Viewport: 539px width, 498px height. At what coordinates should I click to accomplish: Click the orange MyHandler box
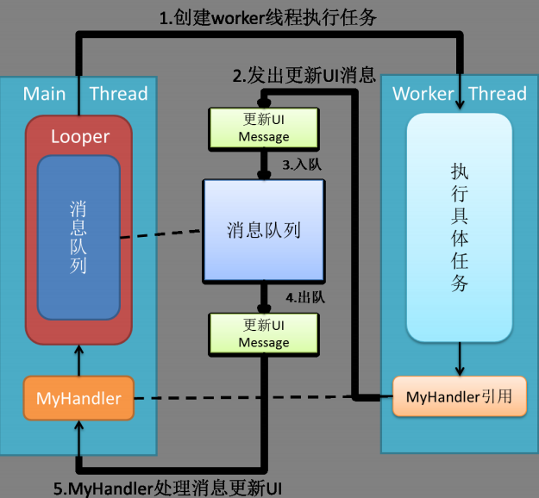(x=78, y=398)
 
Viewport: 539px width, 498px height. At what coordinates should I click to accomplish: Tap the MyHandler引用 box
(x=458, y=397)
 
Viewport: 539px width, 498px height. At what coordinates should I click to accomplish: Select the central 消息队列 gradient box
(x=264, y=230)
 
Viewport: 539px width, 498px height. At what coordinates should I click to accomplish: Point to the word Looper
(x=80, y=136)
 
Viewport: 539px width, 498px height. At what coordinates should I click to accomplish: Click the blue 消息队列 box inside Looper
(x=78, y=238)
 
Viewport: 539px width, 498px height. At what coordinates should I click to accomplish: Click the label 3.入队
(x=303, y=163)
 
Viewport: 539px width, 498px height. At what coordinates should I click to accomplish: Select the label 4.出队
(x=304, y=297)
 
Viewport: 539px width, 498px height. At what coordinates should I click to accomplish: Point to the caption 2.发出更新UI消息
(x=304, y=74)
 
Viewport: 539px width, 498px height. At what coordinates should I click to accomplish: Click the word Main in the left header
(x=45, y=93)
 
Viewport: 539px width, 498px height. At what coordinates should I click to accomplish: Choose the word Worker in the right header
(x=423, y=93)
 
